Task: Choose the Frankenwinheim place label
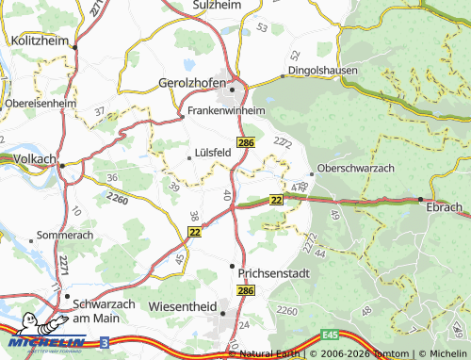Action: click(227, 110)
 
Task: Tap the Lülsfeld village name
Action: click(212, 151)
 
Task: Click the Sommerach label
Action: click(65, 234)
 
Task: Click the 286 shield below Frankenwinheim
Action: click(246, 141)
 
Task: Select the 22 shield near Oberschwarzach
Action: click(276, 200)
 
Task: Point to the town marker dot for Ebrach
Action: click(420, 199)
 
